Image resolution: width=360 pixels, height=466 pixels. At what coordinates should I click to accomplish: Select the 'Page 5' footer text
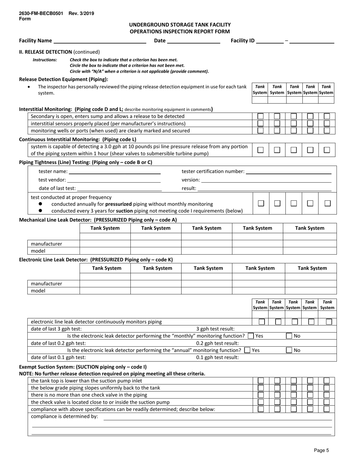(x=321, y=450)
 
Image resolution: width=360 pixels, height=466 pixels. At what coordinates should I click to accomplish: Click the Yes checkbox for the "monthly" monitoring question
(x=251, y=336)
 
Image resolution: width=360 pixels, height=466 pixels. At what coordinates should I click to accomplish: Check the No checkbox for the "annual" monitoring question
(x=289, y=350)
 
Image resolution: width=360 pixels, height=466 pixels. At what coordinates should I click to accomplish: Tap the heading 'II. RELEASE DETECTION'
(x=45, y=52)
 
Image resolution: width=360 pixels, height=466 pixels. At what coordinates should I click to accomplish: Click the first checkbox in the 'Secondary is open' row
(x=261, y=116)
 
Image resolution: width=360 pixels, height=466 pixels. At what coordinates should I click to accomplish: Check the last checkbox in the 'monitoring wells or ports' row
(x=327, y=131)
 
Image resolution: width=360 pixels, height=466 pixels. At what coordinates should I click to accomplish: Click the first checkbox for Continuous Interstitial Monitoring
(x=261, y=150)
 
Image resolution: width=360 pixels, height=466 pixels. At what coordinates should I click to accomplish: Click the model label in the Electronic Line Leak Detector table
(x=38, y=291)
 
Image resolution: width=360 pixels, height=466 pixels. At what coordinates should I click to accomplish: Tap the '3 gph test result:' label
(x=215, y=329)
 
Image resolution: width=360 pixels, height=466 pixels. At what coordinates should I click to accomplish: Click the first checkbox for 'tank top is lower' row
(x=261, y=380)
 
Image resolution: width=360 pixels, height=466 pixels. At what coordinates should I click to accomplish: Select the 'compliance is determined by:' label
(x=64, y=416)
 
